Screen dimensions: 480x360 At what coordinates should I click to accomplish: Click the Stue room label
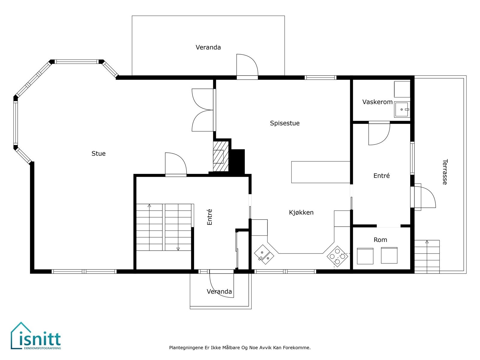click(x=98, y=153)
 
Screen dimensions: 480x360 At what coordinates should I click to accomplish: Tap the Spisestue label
click(x=284, y=123)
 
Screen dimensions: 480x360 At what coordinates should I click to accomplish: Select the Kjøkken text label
click(x=301, y=212)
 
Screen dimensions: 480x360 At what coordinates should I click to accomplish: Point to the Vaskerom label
click(x=377, y=102)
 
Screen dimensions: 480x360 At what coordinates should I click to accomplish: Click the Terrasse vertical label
click(x=445, y=172)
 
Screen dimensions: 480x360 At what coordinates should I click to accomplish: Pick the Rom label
click(x=380, y=240)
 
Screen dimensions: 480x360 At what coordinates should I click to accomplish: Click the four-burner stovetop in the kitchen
click(x=337, y=256)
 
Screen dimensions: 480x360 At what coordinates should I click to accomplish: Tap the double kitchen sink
click(x=264, y=254)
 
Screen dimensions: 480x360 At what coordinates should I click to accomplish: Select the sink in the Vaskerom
click(x=402, y=109)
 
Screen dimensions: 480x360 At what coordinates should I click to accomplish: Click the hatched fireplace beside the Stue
click(x=221, y=156)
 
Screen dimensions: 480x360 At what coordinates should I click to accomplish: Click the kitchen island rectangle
click(x=321, y=172)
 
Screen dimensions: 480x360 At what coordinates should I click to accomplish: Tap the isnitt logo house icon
click(x=21, y=335)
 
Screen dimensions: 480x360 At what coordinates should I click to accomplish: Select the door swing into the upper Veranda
click(x=247, y=65)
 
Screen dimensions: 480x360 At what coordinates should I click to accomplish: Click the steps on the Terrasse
click(x=427, y=256)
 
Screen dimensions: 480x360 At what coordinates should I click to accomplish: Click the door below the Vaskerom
click(x=379, y=133)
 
